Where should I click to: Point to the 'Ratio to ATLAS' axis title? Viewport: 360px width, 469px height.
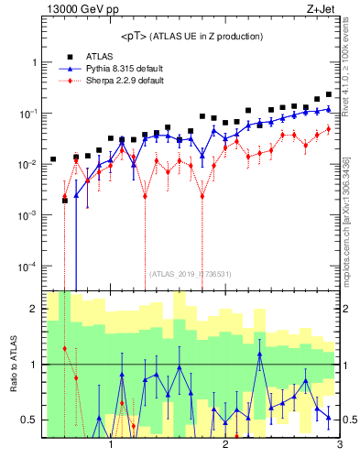click(x=12, y=365)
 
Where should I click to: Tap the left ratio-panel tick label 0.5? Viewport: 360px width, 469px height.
click(x=27, y=420)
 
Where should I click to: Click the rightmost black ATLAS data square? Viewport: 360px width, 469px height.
click(x=329, y=94)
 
